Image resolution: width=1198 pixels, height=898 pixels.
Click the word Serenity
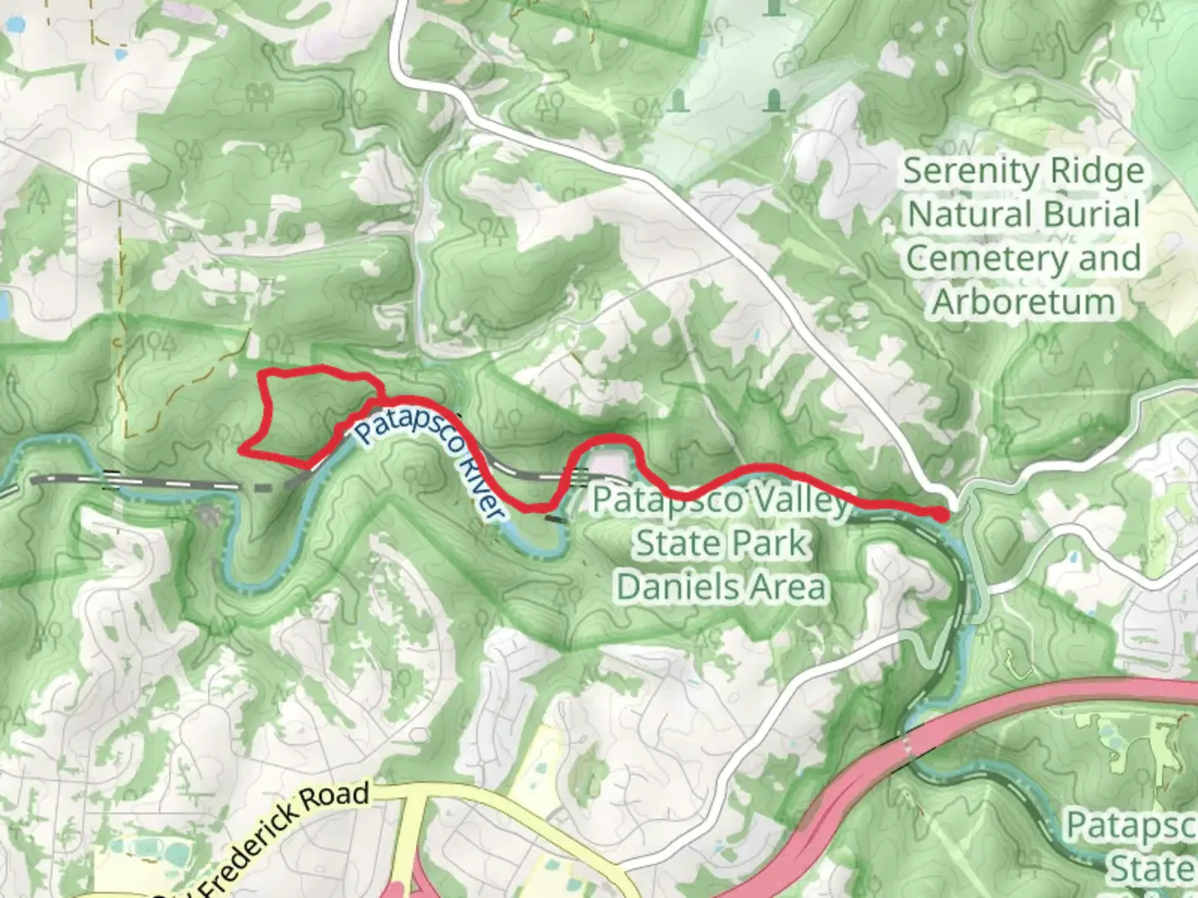click(x=962, y=172)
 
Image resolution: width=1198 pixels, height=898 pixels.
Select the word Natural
click(x=965, y=215)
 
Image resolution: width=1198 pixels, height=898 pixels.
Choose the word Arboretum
click(x=1023, y=302)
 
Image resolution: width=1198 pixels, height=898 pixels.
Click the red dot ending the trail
click(x=940, y=515)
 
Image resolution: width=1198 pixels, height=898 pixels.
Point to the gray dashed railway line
click(x=166, y=482)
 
